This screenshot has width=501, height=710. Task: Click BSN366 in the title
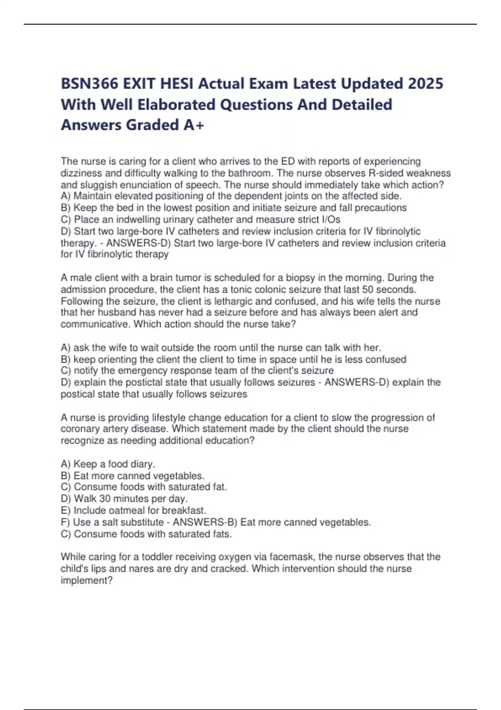coord(89,84)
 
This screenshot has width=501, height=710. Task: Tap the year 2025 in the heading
coord(425,84)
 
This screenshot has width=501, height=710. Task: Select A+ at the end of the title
coord(194,125)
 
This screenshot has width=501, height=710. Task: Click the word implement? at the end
coord(86,581)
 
